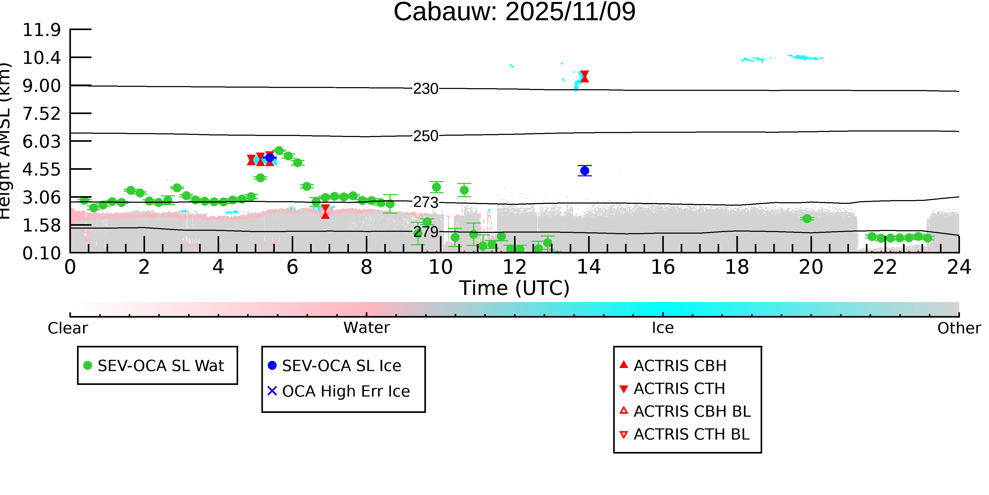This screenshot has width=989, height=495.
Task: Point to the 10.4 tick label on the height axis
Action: click(41, 58)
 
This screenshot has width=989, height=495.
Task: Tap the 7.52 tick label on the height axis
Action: click(41, 114)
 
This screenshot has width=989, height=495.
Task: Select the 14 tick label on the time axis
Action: click(589, 267)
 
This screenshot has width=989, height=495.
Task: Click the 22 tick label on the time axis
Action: click(885, 267)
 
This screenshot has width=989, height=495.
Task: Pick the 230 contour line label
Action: click(425, 89)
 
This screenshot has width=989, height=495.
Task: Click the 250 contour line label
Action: click(425, 136)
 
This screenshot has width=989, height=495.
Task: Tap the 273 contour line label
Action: click(425, 202)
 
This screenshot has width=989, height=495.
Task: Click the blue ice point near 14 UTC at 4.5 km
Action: click(584, 171)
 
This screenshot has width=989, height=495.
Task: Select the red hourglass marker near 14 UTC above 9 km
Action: click(584, 77)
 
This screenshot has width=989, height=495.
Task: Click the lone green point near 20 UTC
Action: click(807, 219)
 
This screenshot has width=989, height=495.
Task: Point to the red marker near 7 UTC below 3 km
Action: click(325, 212)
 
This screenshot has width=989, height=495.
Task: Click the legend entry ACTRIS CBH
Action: click(680, 365)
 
